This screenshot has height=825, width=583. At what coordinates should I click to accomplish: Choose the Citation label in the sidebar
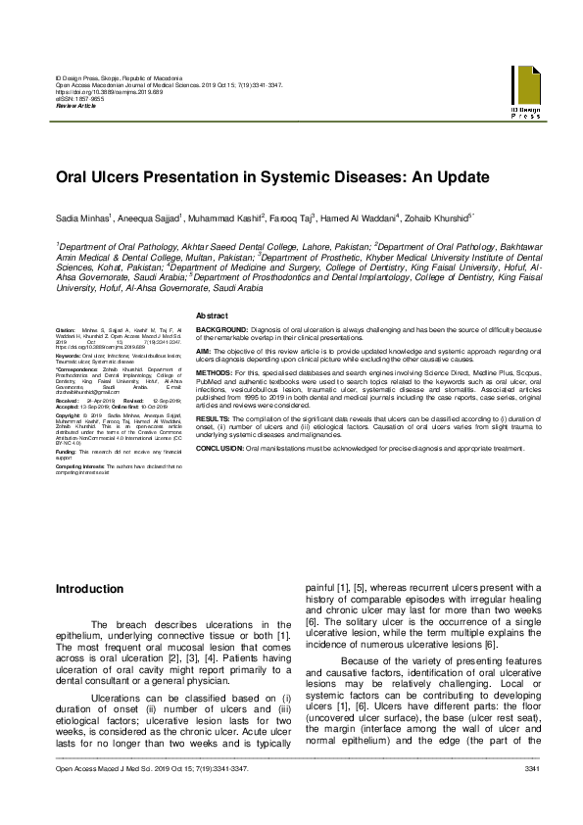point(66,332)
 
